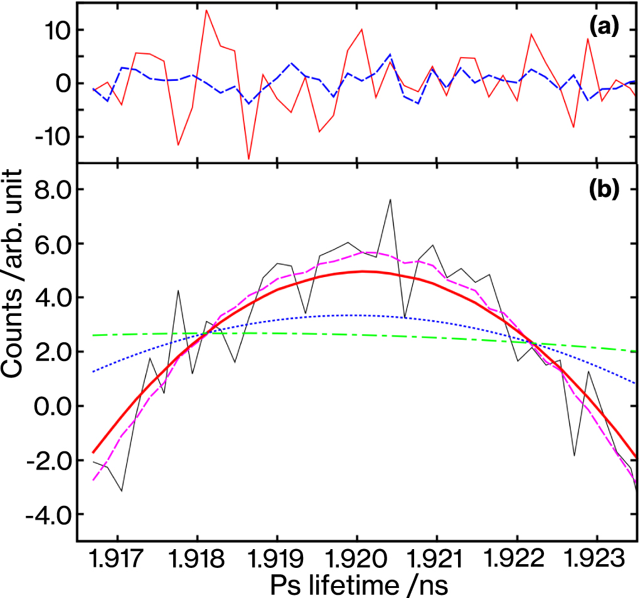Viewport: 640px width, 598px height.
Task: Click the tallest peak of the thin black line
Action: coord(390,200)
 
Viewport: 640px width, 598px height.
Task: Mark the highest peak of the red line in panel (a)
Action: coord(206,10)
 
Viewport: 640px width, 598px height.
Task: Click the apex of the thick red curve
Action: coord(363,271)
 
